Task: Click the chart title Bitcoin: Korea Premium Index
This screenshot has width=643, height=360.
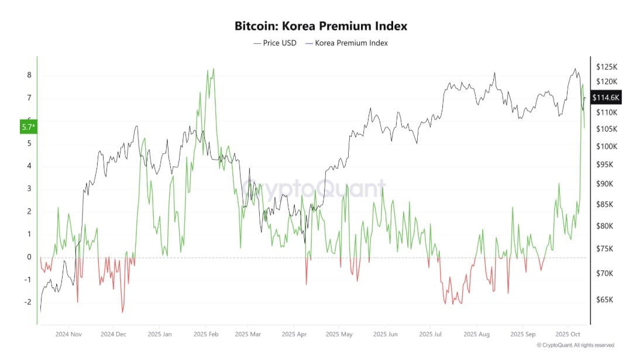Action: pos(321,26)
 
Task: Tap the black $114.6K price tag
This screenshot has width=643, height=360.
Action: pos(606,98)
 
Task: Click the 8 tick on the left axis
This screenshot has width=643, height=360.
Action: pos(29,75)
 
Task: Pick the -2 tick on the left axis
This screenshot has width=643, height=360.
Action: pos(27,302)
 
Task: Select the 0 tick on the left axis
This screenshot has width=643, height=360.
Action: pos(29,256)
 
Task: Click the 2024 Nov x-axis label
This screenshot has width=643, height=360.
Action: pos(68,335)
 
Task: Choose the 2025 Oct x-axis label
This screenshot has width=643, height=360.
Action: pos(570,335)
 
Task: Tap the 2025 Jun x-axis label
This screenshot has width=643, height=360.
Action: pos(385,335)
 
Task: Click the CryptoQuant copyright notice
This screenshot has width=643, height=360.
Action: pos(575,345)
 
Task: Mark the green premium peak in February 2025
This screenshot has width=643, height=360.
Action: pos(213,69)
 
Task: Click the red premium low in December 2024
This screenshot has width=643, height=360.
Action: pos(122,312)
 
